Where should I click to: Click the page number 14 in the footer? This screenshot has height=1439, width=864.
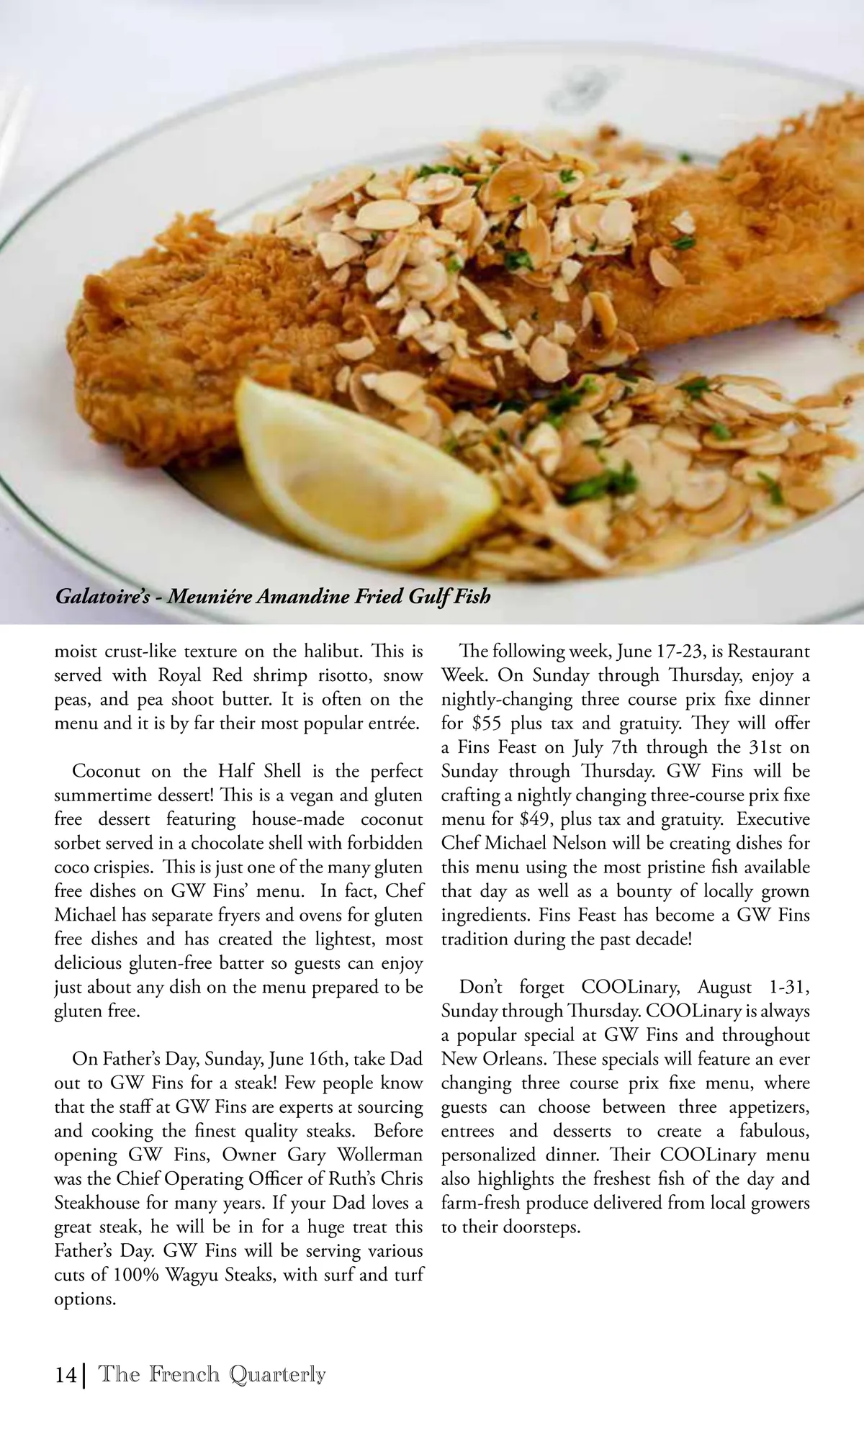[66, 1374]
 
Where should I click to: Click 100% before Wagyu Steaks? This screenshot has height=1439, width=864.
[135, 1276]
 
